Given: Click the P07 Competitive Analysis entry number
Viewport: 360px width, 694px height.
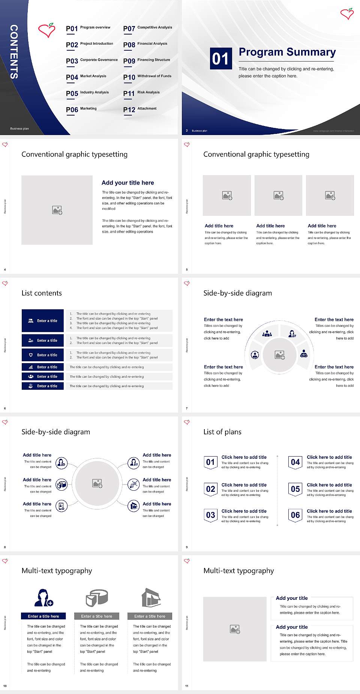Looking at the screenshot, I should pyautogui.click(x=129, y=29).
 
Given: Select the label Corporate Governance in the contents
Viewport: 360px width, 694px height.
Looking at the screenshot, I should pyautogui.click(x=99, y=60).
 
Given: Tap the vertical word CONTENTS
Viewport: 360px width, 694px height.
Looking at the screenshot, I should pyautogui.click(x=14, y=52).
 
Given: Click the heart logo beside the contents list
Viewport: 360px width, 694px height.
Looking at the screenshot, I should pyautogui.click(x=47, y=30).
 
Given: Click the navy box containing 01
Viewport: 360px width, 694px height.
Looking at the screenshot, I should pyautogui.click(x=220, y=59).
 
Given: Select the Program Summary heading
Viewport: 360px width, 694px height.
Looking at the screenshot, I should pyautogui.click(x=287, y=52).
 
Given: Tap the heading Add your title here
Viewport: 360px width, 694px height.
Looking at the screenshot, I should pyautogui.click(x=127, y=183).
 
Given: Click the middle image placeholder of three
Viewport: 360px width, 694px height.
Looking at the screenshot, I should pyautogui.click(x=278, y=195).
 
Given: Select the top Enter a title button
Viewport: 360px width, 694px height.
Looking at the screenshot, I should pyautogui.click(x=43, y=321).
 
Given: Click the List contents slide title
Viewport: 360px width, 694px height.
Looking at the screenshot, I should pyautogui.click(x=42, y=293).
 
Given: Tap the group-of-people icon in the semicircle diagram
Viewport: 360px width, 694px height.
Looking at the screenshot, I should pyautogui.click(x=267, y=333).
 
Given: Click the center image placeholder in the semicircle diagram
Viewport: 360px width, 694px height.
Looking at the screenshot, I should pyautogui.click(x=279, y=355).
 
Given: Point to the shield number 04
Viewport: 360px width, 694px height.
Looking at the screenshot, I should pyautogui.click(x=295, y=462).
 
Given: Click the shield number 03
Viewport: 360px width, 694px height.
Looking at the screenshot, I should pyautogui.click(x=211, y=515).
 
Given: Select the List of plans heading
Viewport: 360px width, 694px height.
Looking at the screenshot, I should pyautogui.click(x=222, y=432).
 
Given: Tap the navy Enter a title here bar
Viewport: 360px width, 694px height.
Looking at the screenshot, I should pyautogui.click(x=43, y=616).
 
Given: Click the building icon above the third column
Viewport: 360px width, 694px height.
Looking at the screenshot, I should pyautogui.click(x=151, y=598).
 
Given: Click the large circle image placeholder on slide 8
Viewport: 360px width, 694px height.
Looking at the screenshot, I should pyautogui.click(x=97, y=483).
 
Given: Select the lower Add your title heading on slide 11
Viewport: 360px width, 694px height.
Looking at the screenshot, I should pyautogui.click(x=292, y=627).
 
